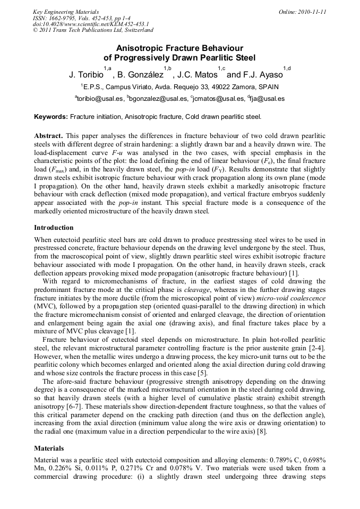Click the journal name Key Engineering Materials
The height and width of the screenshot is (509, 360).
tap(66, 12)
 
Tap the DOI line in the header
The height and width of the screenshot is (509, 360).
tap(91, 24)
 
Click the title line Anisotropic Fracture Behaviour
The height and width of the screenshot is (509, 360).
tap(179, 48)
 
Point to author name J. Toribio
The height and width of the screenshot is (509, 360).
tap(85, 75)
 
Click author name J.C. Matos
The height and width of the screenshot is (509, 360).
tap(195, 75)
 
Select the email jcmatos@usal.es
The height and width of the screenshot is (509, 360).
tap(219, 99)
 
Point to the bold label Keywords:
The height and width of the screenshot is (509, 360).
tap(51, 116)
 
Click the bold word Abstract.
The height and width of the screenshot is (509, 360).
tap(49, 136)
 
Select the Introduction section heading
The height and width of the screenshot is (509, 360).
tap(54, 228)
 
